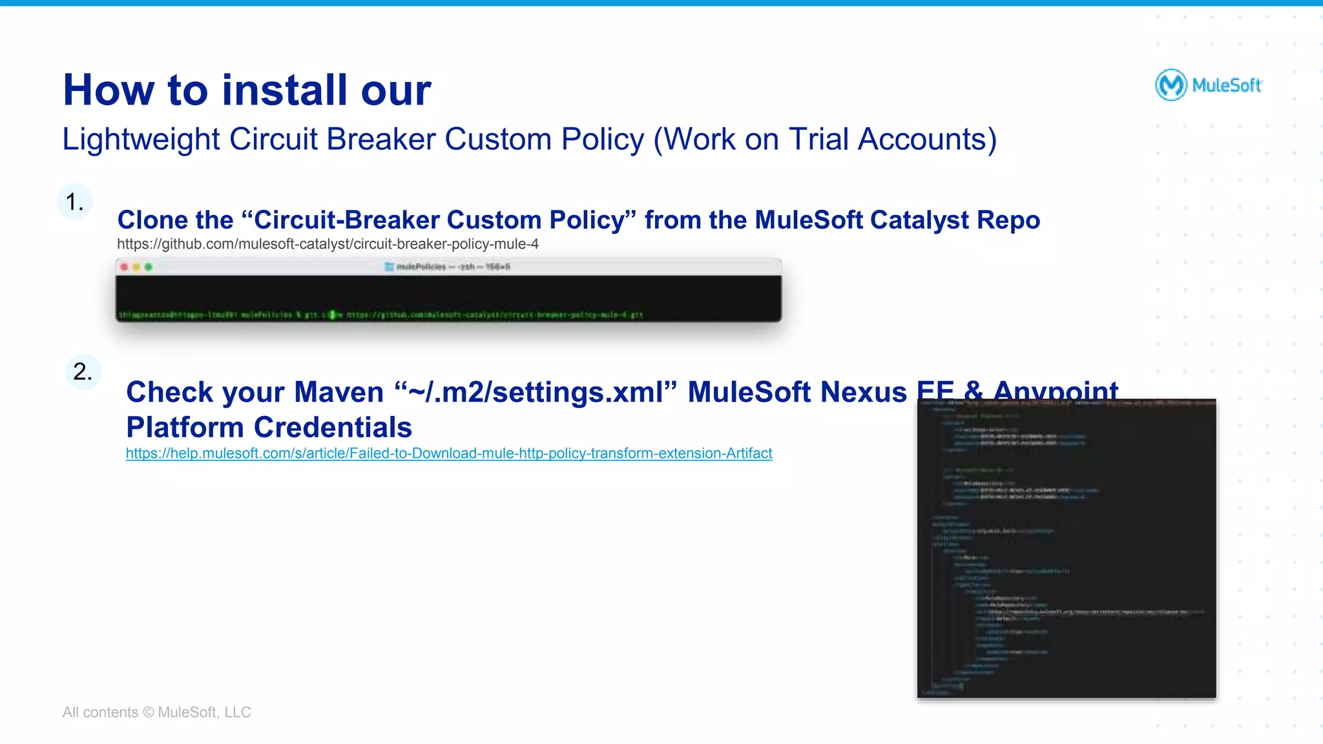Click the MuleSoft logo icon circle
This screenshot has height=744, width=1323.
tap(1171, 85)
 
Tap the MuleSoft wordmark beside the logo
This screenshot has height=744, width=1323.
tap(1227, 85)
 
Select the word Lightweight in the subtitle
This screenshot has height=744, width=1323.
tap(141, 139)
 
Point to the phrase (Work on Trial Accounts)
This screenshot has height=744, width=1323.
tap(825, 139)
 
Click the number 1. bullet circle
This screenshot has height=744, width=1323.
tap(75, 202)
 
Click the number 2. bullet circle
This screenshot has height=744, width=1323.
tap(83, 372)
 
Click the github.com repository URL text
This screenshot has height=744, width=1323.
tap(328, 244)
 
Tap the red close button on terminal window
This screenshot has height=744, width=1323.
tap(125, 267)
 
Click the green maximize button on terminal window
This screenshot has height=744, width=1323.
tap(149, 267)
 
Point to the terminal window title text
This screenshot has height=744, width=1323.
tap(452, 267)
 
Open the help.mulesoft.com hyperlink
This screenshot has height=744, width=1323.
tap(448, 453)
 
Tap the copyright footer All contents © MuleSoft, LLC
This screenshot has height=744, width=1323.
tap(156, 712)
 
